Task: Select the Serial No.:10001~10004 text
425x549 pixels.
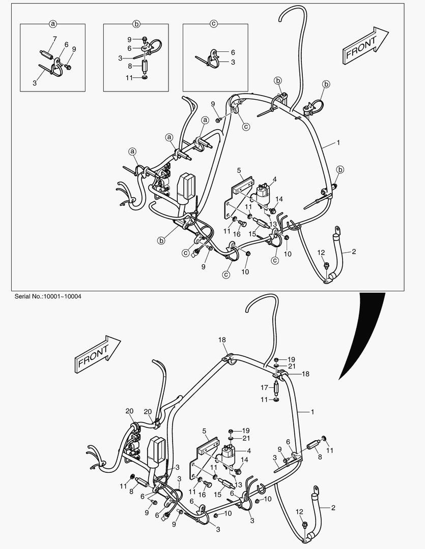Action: [x=44, y=296]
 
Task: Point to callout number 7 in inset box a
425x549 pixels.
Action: [x=54, y=39]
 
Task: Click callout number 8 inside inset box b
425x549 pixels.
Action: [x=129, y=66]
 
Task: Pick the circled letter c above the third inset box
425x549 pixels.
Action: [x=214, y=23]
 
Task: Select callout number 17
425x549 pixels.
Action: [x=264, y=387]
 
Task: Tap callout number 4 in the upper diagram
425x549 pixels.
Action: [x=274, y=179]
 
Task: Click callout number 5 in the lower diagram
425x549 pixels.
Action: [x=205, y=430]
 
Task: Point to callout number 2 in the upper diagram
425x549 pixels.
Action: [x=354, y=252]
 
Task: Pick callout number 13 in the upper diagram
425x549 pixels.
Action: [x=273, y=224]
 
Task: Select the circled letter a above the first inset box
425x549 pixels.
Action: [x=52, y=23]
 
